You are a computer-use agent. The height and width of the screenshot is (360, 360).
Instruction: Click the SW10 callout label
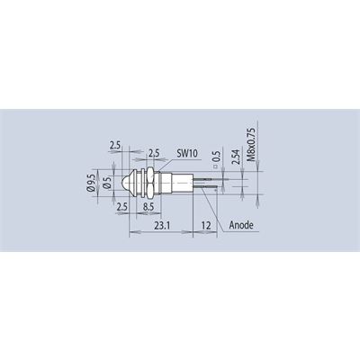(x=187, y=154)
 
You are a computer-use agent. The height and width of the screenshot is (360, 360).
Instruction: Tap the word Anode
(x=241, y=225)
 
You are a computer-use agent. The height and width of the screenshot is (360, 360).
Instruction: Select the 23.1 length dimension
(x=162, y=225)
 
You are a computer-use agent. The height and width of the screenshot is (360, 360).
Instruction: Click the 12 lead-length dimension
(x=206, y=225)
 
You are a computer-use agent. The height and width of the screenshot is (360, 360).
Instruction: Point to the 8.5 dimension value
(x=148, y=207)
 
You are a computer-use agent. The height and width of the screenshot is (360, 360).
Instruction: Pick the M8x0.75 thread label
(x=251, y=145)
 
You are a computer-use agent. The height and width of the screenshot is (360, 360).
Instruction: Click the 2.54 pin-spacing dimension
(x=236, y=157)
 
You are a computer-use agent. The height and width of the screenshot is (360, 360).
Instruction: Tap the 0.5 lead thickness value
(x=217, y=157)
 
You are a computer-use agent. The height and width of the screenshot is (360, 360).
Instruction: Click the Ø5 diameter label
(x=107, y=183)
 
